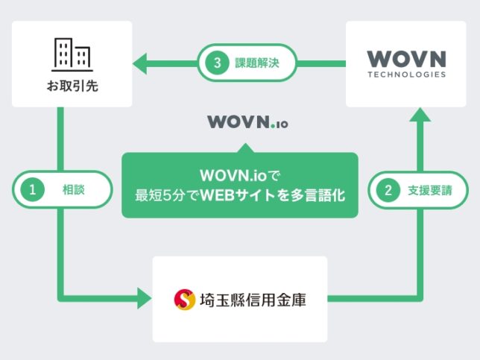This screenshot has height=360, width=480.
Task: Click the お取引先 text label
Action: [x=72, y=87]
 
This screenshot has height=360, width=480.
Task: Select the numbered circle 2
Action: [x=388, y=190]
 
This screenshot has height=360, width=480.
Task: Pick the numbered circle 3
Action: [x=217, y=63]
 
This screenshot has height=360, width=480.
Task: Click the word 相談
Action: [x=73, y=190]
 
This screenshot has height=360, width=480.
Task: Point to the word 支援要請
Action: [x=429, y=190]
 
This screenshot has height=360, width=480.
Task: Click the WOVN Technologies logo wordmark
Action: [x=407, y=58]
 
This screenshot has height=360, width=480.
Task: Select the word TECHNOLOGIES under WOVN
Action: [x=407, y=75]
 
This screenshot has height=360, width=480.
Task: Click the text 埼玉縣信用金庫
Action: [x=252, y=300]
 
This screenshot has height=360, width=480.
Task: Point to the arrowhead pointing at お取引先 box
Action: [x=139, y=63]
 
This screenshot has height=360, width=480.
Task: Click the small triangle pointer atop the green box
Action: [x=239, y=145]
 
